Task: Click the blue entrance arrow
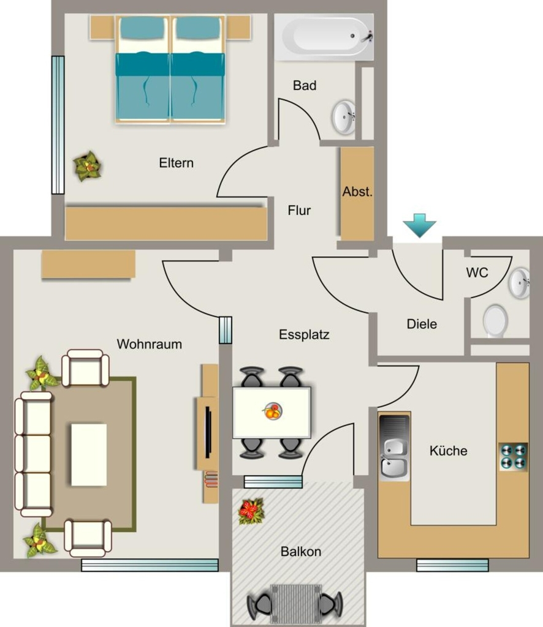tap(419, 225)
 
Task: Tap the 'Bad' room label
tap(305, 85)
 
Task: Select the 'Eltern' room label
tap(176, 163)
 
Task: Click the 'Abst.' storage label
tap(357, 192)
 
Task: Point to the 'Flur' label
tap(299, 211)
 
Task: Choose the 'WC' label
tap(477, 272)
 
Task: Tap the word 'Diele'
tap(422, 324)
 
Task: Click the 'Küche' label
tap(448, 451)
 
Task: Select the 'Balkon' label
tap(301, 552)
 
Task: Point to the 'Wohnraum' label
tap(150, 344)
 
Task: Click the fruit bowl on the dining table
tap(273, 411)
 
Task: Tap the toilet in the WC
tap(496, 321)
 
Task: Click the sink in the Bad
tap(344, 117)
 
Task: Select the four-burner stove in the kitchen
tap(513, 456)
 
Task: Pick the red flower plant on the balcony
tap(251, 511)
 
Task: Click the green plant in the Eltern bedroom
tap(87, 165)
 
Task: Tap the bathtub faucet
tap(367, 37)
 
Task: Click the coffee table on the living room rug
tap(89, 455)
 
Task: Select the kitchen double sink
tap(394, 446)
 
